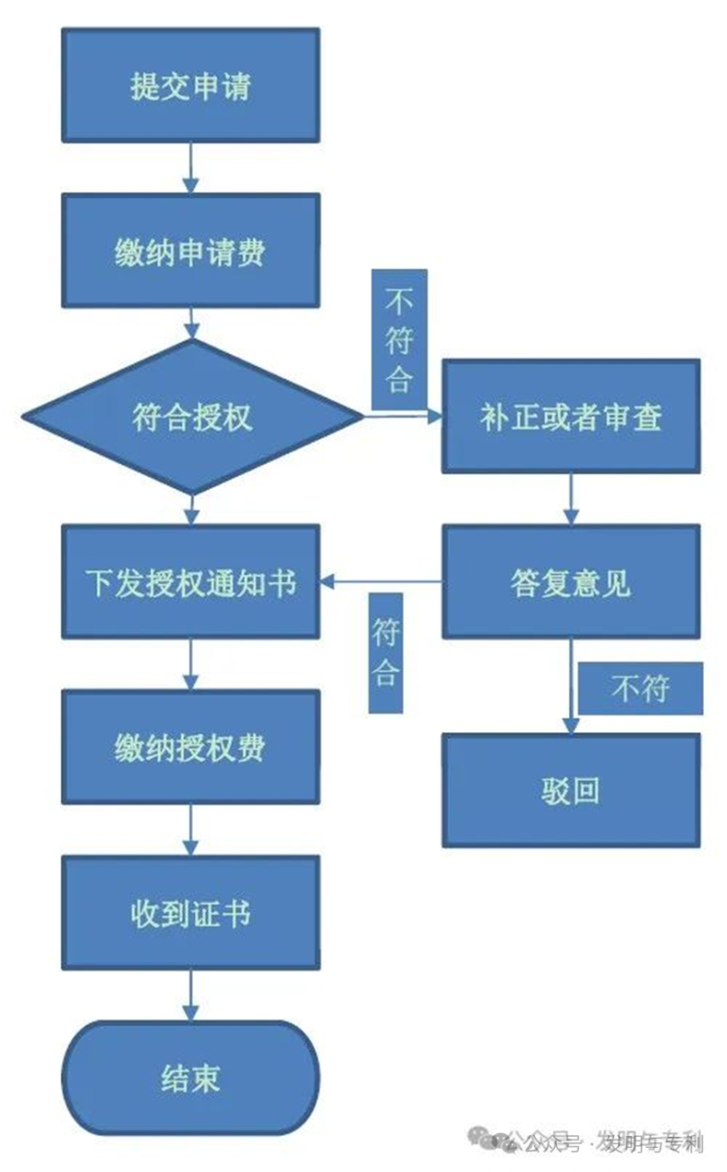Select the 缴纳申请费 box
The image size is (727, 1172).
click(x=190, y=250)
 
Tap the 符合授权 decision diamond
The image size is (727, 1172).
click(x=192, y=417)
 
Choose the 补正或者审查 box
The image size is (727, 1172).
click(x=570, y=417)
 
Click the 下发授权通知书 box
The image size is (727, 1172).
click(x=190, y=582)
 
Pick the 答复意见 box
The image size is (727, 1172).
click(x=570, y=582)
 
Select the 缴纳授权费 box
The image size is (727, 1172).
click(x=190, y=747)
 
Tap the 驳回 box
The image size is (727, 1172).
click(x=570, y=790)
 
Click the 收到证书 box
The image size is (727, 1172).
click(x=190, y=913)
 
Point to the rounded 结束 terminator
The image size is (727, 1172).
click(x=190, y=1079)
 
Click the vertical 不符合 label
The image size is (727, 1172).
click(x=399, y=339)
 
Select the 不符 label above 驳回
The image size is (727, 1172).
click(x=640, y=689)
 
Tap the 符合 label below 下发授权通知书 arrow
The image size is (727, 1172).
click(x=385, y=653)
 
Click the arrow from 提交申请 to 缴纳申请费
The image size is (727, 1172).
click(x=190, y=167)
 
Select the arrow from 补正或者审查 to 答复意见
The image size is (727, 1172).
click(x=570, y=499)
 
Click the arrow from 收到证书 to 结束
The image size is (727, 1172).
click(x=190, y=995)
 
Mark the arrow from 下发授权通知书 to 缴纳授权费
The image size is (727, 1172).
click(x=190, y=664)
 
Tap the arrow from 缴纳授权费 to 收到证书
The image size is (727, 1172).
click(x=190, y=829)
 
